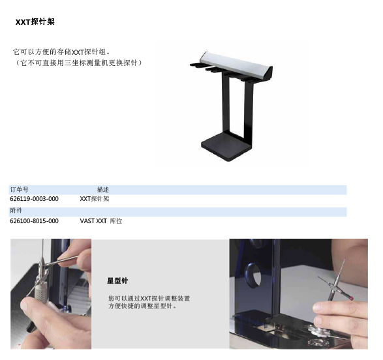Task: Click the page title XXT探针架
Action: tap(35, 22)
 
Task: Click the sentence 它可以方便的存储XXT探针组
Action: tap(62, 52)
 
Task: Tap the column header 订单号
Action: tap(19, 190)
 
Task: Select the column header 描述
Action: tap(103, 190)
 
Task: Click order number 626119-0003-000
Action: tap(34, 199)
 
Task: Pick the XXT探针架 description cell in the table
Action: tap(95, 199)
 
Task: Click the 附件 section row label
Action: tap(16, 211)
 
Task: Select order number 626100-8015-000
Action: tap(34, 221)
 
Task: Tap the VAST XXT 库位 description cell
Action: tap(101, 221)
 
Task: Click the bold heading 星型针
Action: tap(117, 280)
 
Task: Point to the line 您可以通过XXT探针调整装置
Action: tap(149, 298)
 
